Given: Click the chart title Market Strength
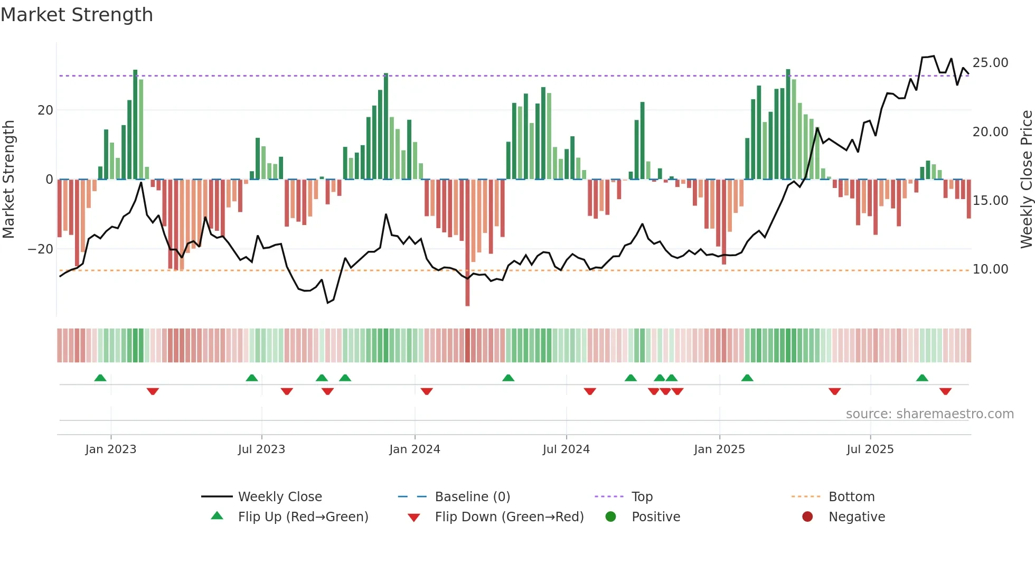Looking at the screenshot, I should [x=77, y=15].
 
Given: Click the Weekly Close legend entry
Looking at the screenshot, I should [x=279, y=496].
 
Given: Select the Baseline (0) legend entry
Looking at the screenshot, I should [x=472, y=496].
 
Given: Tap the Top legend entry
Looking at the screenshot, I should [x=642, y=496].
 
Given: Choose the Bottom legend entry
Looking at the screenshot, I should [x=851, y=496].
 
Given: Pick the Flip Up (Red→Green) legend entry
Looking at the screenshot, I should [x=303, y=517].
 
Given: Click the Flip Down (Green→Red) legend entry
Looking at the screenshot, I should [x=509, y=517].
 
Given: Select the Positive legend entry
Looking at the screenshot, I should [x=655, y=517].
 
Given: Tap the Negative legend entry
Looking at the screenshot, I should [x=856, y=517].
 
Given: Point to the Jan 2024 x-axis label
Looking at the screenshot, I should [x=415, y=449].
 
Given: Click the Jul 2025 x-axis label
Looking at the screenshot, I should [x=870, y=449].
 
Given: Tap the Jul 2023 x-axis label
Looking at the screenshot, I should [x=261, y=449].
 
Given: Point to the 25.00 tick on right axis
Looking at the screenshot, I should [x=990, y=63].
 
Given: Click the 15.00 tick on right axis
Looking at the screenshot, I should [x=990, y=201].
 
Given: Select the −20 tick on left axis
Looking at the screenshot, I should [x=41, y=249].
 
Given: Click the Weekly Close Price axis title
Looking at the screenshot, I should [x=1026, y=179].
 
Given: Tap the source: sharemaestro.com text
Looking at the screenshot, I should [x=929, y=414].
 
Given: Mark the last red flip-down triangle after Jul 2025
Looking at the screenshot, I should [x=945, y=391].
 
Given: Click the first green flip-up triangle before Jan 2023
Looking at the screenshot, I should [x=100, y=378].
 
